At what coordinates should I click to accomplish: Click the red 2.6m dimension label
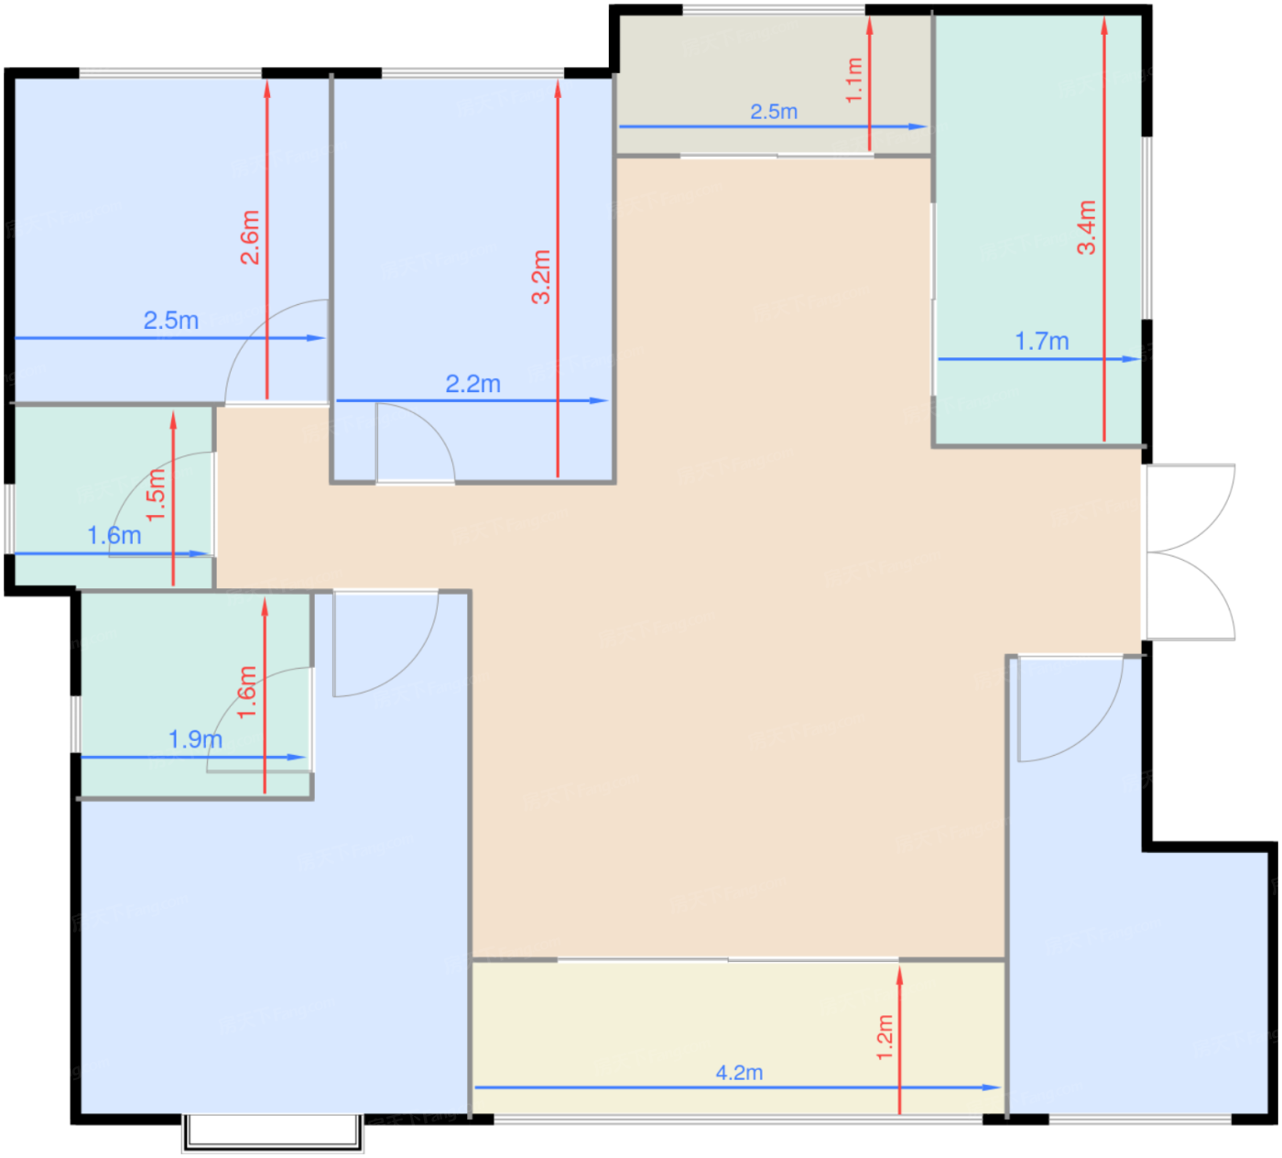pyautogui.click(x=250, y=237)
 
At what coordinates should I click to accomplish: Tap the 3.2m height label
pyautogui.click(x=541, y=277)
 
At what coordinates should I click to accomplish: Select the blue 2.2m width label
pyautogui.click(x=473, y=384)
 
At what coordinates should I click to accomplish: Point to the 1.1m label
pyautogui.click(x=854, y=80)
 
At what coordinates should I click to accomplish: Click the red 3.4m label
pyautogui.click(x=1087, y=227)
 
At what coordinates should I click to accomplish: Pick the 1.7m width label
pyautogui.click(x=1042, y=342)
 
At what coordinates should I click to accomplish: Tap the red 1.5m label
pyautogui.click(x=157, y=495)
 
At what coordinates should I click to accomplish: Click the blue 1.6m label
pyautogui.click(x=114, y=535)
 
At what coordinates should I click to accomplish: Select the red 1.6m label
pyautogui.click(x=247, y=692)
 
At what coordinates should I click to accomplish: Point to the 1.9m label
pyautogui.click(x=196, y=739)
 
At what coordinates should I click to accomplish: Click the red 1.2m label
pyautogui.click(x=885, y=1037)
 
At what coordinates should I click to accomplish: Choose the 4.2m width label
pyautogui.click(x=739, y=1072)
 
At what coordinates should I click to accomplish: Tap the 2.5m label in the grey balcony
pyautogui.click(x=774, y=111)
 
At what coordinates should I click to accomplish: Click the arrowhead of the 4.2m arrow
pyautogui.click(x=992, y=1087)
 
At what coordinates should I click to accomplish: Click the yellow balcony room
pyautogui.click(x=738, y=1037)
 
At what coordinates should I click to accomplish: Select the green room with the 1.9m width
pyautogui.click(x=196, y=694)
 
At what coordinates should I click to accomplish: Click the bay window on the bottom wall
pyautogui.click(x=273, y=1133)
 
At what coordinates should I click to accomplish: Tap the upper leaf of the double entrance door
pyautogui.click(x=1190, y=507)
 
